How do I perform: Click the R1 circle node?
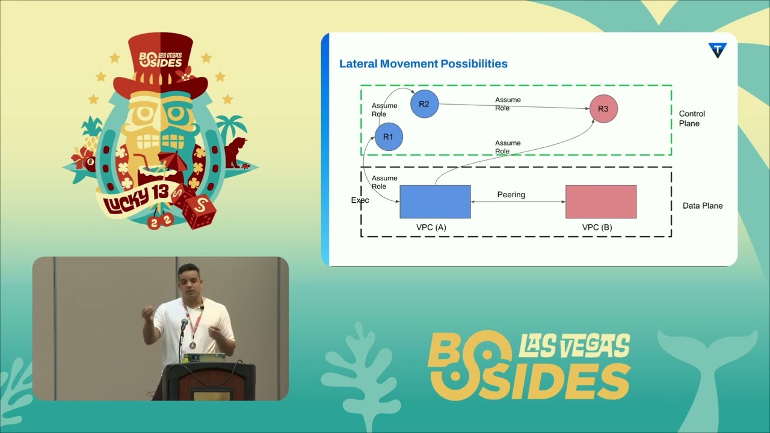click(x=389, y=137)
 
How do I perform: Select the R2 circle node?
click(x=424, y=104)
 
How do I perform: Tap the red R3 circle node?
click(x=603, y=109)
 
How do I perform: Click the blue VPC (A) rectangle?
click(x=435, y=201)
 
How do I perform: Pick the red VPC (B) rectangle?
click(x=601, y=201)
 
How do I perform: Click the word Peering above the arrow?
click(x=511, y=195)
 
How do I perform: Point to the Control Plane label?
click(x=692, y=118)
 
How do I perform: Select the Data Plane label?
click(x=703, y=206)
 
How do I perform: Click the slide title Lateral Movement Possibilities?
click(x=423, y=64)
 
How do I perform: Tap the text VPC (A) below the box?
click(x=431, y=228)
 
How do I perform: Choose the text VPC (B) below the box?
click(x=597, y=228)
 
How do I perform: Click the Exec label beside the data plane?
click(x=360, y=200)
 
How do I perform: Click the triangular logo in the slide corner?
click(x=717, y=51)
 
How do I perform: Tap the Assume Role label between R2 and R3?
click(x=508, y=104)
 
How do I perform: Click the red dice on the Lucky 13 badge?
click(x=199, y=211)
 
